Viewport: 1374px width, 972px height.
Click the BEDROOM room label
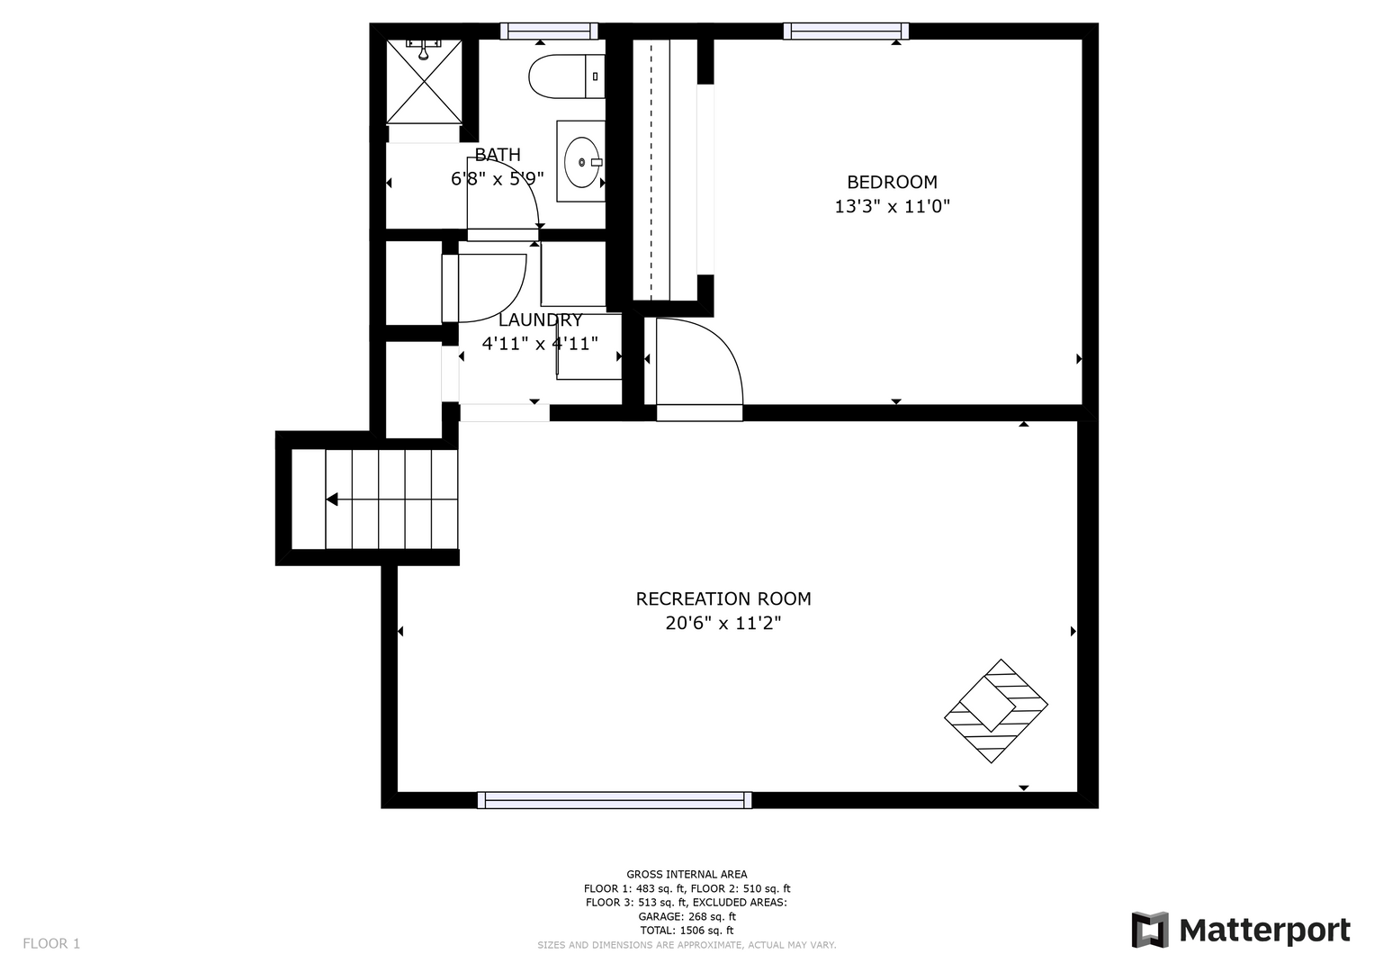click(x=892, y=182)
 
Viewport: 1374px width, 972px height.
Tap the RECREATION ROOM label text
click(x=723, y=598)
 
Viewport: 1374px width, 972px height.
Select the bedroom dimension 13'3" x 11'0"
click(x=892, y=206)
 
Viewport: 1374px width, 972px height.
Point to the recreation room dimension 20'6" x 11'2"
click(x=723, y=624)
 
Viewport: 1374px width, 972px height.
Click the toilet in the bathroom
click(x=566, y=76)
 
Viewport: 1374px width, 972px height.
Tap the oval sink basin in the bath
click(x=581, y=162)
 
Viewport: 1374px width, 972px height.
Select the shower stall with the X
click(x=424, y=82)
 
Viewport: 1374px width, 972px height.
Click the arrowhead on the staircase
click(x=332, y=499)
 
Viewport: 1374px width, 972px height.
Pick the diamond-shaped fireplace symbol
click(x=996, y=711)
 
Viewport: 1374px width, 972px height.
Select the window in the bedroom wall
click(x=846, y=31)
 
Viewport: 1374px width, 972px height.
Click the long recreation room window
click(x=615, y=800)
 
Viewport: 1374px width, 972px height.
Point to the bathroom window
click(x=549, y=31)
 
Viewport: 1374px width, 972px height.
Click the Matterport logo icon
click(x=1149, y=930)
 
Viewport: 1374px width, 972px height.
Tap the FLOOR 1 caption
click(x=51, y=944)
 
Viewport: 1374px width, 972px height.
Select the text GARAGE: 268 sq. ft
click(x=687, y=917)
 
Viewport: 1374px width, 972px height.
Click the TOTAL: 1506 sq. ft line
click(x=687, y=931)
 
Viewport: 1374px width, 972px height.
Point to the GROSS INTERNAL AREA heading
click(x=687, y=875)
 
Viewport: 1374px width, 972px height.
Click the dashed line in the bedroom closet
click(x=651, y=170)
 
